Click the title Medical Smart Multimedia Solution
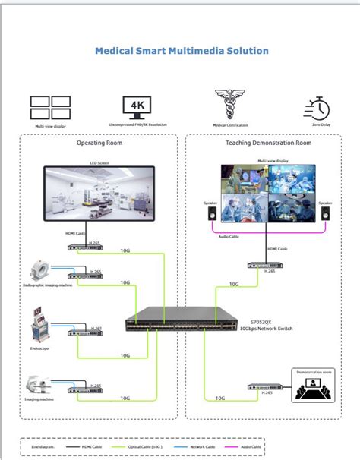click(181, 52)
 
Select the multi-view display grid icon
click(50, 106)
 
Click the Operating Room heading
click(99, 143)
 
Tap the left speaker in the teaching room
click(210, 216)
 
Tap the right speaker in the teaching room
click(325, 216)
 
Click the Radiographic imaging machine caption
click(47, 286)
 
